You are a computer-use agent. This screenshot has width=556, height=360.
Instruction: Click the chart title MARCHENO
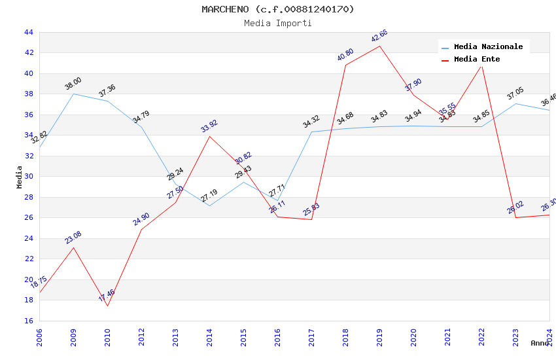click(277, 9)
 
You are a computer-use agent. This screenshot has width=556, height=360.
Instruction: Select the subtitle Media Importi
click(277, 23)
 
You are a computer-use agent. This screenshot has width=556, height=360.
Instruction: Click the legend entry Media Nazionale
click(488, 46)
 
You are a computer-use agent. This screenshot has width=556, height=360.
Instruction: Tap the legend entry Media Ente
click(477, 59)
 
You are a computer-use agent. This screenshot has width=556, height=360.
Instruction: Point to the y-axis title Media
click(20, 177)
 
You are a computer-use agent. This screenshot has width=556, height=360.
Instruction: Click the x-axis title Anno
click(539, 342)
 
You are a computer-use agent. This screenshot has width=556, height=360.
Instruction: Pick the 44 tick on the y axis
click(28, 32)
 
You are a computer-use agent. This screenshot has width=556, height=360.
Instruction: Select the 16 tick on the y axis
click(28, 321)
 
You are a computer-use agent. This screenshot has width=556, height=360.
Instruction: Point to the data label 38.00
click(73, 84)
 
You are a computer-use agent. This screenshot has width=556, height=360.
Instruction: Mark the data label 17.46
click(107, 295)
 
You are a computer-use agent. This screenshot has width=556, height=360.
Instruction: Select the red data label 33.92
click(209, 126)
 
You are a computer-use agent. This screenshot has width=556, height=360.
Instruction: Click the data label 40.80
click(345, 55)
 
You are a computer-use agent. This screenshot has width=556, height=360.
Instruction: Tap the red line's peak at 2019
click(379, 46)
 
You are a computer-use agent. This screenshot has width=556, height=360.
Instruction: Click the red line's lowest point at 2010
click(107, 306)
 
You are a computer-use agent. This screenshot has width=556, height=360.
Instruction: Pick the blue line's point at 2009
click(73, 94)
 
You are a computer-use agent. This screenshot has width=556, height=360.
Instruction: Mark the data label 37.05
click(515, 94)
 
